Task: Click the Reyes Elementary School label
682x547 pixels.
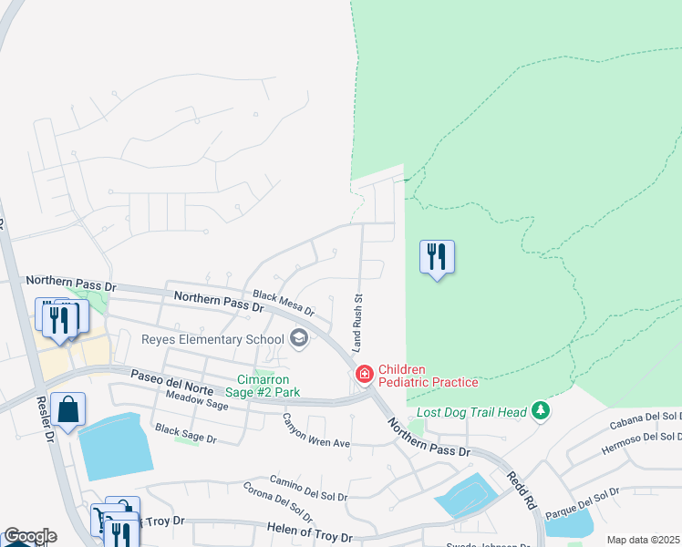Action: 212,340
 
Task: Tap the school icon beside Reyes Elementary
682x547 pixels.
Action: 298,339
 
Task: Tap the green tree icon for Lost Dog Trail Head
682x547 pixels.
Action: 542,411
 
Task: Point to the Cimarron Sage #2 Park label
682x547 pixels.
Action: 269,386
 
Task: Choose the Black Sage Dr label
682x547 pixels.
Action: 186,434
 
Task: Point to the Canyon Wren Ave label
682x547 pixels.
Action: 315,432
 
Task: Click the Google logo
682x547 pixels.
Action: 30,536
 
